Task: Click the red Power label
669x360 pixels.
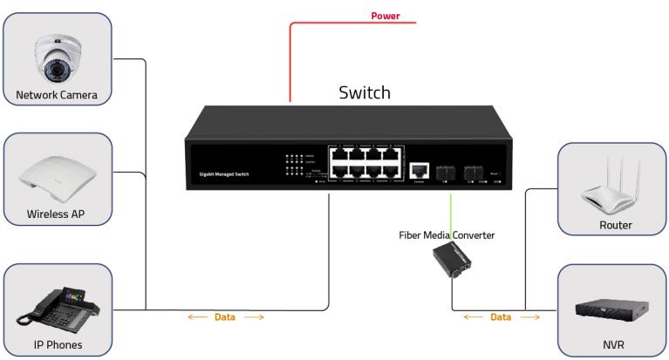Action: coord(386,16)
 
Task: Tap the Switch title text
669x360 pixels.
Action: coord(365,92)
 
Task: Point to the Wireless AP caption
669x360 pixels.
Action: coord(56,214)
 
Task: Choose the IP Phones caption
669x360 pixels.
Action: coord(57,344)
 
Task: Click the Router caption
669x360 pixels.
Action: coord(615,225)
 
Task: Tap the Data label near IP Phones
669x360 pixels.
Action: coord(224,317)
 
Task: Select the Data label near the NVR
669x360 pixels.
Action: coord(500,317)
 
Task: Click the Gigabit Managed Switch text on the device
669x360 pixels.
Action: coord(218,175)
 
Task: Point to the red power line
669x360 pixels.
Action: coord(290,61)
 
